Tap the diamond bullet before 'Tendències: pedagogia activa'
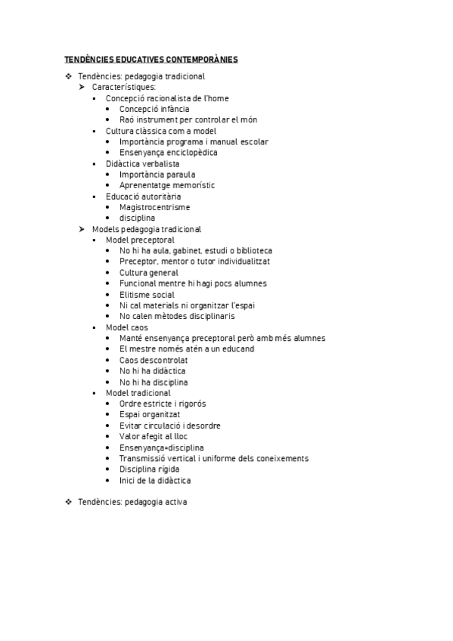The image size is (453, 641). (x=68, y=501)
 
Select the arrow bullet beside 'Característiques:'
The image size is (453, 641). (x=82, y=87)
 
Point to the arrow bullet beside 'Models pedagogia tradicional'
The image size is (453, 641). (x=82, y=229)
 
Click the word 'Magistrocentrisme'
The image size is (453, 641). (x=155, y=207)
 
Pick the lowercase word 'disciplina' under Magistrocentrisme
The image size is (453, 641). (x=137, y=218)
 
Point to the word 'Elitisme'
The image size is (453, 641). (x=136, y=295)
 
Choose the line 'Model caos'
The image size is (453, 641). (x=127, y=327)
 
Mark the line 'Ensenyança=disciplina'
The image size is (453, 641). (x=161, y=447)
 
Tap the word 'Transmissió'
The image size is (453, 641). (x=144, y=459)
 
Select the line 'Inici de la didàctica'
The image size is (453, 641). (x=155, y=481)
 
